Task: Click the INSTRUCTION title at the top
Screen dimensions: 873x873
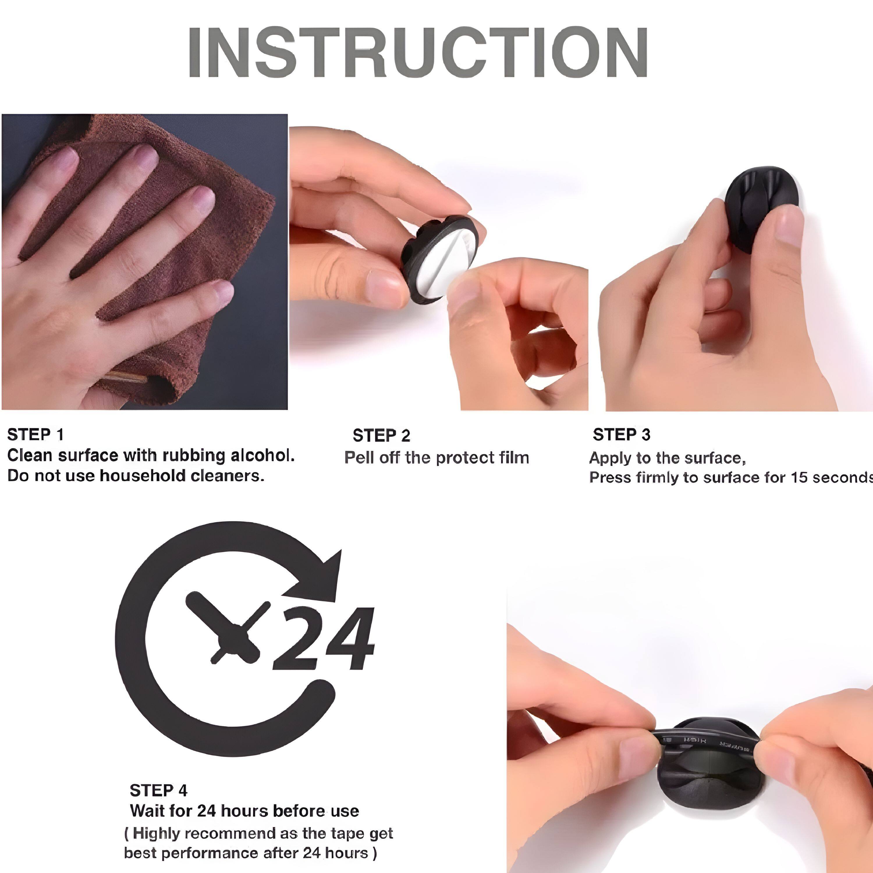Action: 418,52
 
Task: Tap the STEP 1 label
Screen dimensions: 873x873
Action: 35,435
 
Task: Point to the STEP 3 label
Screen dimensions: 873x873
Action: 621,435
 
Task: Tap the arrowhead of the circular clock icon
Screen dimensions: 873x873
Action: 323,574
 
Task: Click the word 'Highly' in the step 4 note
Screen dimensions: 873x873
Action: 156,833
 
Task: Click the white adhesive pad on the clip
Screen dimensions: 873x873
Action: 445,267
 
